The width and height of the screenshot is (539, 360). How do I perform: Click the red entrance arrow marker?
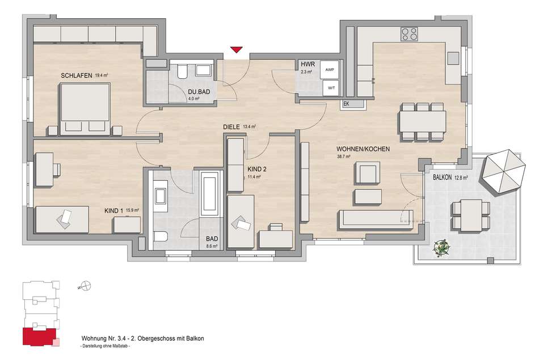[x=237, y=50]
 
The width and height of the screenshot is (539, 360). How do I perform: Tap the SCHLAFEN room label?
[x=77, y=75]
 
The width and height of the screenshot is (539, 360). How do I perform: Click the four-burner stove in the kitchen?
[x=409, y=33]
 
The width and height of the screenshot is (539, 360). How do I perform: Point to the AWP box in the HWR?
[x=329, y=70]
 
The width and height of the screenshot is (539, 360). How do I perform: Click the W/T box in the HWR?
[x=331, y=88]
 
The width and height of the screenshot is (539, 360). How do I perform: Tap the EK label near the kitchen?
[x=346, y=103]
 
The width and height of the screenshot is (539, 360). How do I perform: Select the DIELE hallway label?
[x=231, y=127]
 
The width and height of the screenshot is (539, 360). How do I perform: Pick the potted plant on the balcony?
[x=443, y=247]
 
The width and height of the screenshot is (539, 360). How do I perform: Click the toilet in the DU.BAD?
[x=182, y=72]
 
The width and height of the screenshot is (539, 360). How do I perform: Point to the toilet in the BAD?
[x=161, y=236]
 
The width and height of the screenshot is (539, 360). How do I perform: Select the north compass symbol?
[x=85, y=286]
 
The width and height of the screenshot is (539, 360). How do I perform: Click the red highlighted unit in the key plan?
[x=39, y=336]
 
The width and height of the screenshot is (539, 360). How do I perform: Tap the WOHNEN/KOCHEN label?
[x=363, y=149]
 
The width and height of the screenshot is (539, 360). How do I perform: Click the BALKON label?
[x=442, y=177]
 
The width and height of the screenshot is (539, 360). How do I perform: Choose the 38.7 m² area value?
[x=343, y=156]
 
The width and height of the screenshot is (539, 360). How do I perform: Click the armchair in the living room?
[x=368, y=173]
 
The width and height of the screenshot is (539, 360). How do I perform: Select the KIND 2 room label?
[x=257, y=170]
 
